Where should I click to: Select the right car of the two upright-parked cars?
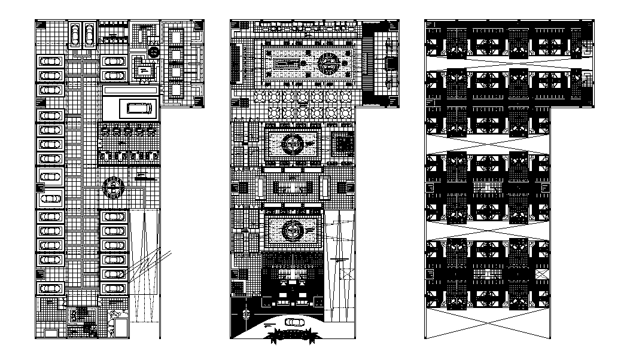(89, 35)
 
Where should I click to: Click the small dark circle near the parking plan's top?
(153, 52)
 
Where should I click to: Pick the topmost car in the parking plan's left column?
(51, 61)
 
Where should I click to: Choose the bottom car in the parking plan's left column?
(51, 288)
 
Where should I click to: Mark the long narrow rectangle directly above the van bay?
(130, 90)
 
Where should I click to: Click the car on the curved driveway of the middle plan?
(294, 322)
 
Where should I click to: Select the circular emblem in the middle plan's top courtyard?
(328, 62)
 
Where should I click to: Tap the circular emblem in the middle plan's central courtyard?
(293, 144)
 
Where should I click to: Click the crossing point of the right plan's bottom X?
(488, 325)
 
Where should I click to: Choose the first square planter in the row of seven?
(260, 96)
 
